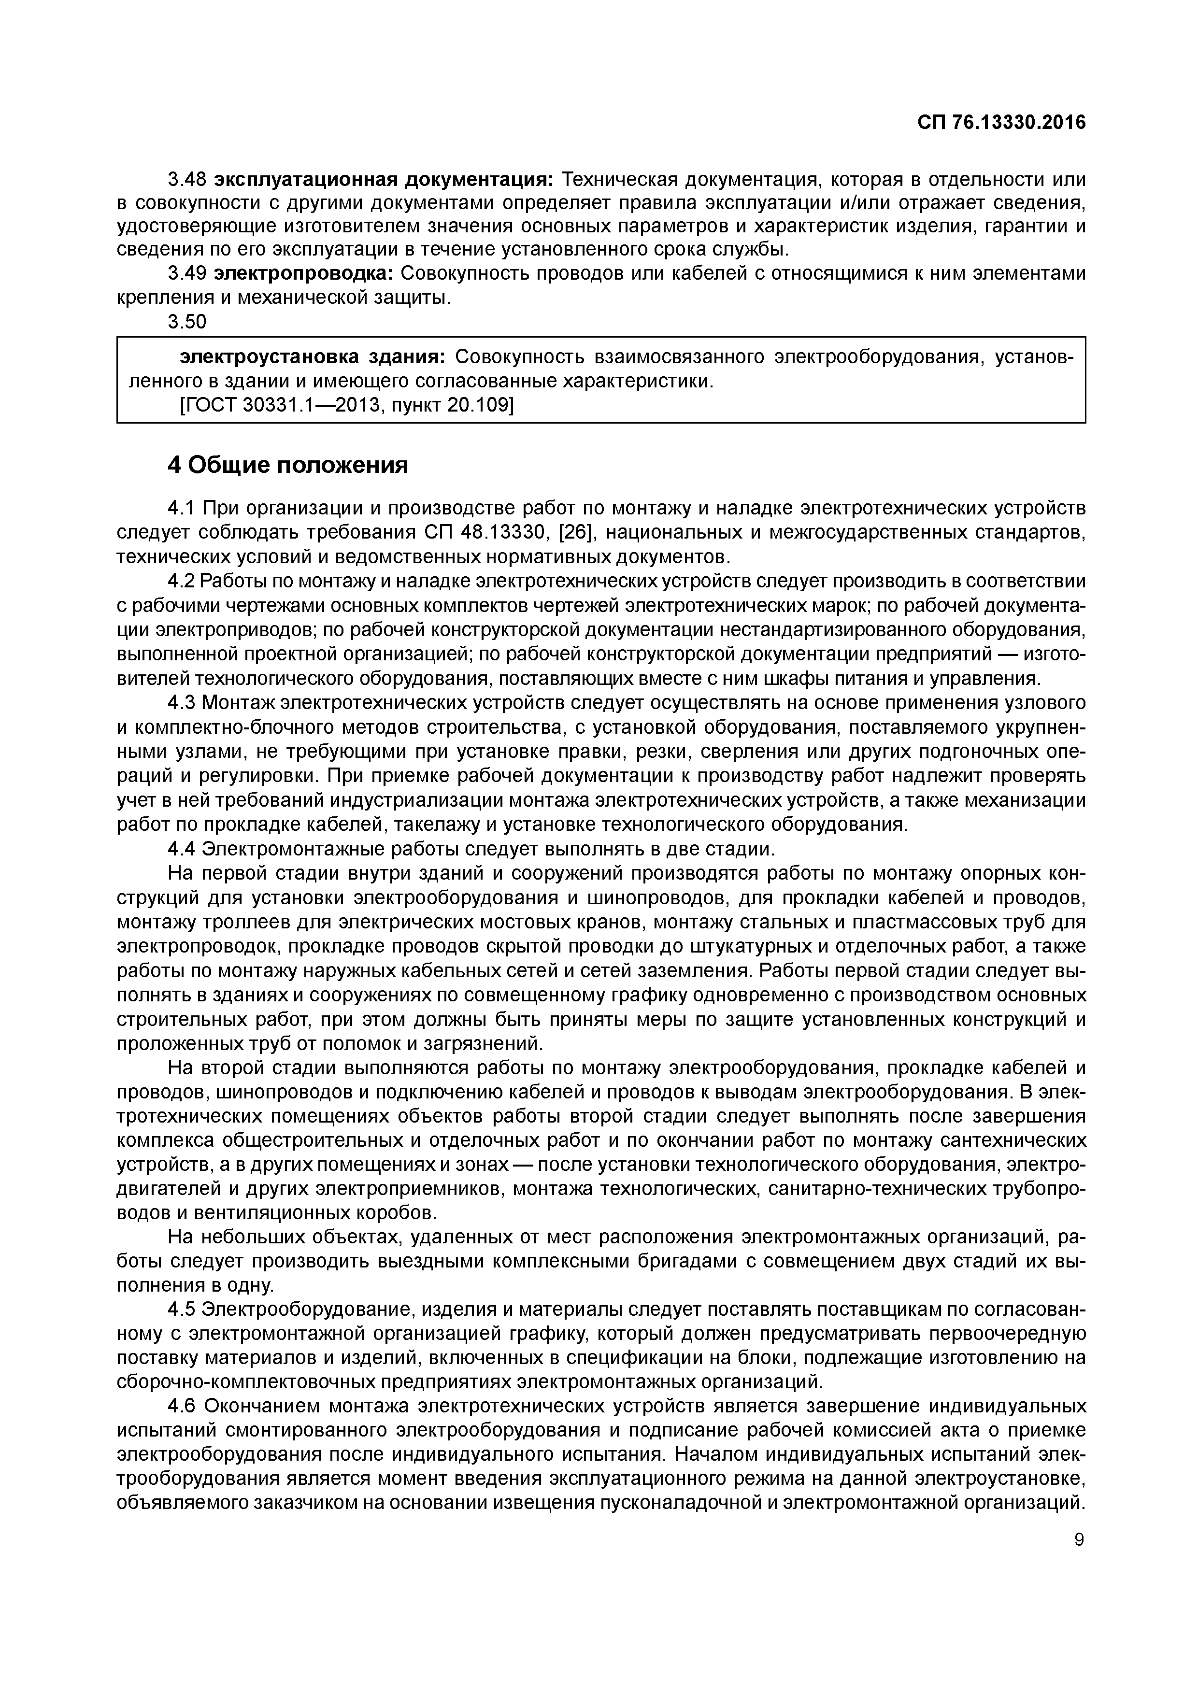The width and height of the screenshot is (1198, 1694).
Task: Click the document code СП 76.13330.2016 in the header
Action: (x=1001, y=123)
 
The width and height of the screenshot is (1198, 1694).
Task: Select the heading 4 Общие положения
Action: (x=288, y=465)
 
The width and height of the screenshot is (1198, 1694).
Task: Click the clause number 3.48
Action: (x=186, y=179)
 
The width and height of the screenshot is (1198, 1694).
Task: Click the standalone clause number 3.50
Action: (x=186, y=322)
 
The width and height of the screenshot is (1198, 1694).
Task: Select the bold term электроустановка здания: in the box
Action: (x=313, y=357)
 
